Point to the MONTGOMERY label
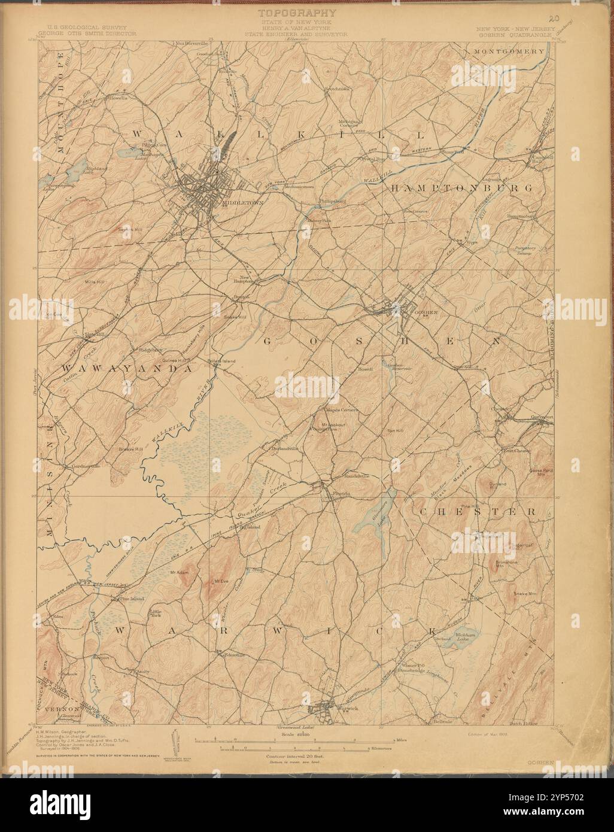[x=509, y=51]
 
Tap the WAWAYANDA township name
[x=121, y=369]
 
